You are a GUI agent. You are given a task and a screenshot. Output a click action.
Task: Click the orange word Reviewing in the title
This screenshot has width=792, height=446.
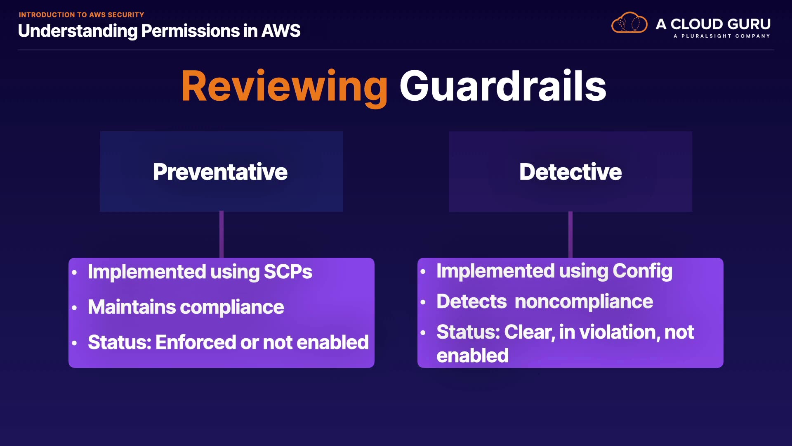(284, 86)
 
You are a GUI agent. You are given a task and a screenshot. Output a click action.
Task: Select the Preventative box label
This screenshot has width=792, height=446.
(220, 172)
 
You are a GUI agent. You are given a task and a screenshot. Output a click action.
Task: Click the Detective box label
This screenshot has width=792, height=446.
(570, 172)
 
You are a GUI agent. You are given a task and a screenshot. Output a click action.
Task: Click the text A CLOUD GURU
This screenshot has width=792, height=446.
(713, 24)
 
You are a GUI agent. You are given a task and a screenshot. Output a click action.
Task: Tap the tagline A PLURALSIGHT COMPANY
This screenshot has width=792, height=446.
(721, 36)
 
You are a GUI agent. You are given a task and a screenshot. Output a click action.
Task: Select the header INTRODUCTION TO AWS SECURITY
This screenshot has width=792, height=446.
(81, 15)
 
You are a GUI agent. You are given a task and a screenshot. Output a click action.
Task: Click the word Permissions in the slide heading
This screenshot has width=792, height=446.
(190, 31)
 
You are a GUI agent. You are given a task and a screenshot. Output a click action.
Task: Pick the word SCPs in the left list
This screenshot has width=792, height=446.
(288, 272)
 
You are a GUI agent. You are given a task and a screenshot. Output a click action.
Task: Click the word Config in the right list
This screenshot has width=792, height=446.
(642, 271)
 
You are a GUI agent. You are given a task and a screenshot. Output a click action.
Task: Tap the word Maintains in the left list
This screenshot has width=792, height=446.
(132, 307)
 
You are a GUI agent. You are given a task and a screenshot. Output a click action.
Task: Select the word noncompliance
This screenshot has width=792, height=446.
(584, 301)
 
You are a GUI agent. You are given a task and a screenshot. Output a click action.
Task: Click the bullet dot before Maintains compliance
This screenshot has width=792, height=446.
(74, 308)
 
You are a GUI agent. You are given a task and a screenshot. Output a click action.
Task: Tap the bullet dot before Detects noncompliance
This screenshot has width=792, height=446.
(423, 302)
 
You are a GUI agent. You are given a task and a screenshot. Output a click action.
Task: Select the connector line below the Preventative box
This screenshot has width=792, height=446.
(222, 235)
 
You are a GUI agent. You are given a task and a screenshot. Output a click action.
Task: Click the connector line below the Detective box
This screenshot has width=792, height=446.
(570, 235)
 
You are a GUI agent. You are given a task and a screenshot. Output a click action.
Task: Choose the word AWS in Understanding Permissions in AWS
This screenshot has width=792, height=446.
(281, 31)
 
